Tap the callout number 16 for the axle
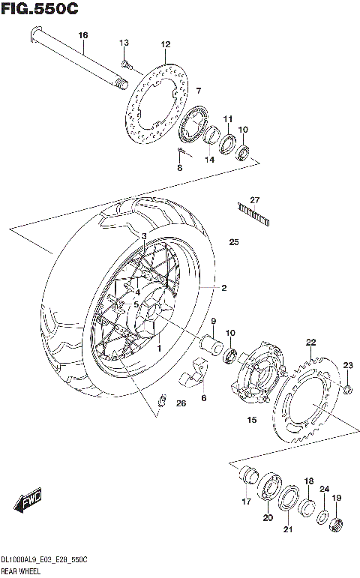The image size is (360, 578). click(82, 35)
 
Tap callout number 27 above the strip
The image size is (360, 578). click(254, 199)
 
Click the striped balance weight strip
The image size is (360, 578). click(253, 213)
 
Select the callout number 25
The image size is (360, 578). click(233, 242)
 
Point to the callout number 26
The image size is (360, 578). click(180, 404)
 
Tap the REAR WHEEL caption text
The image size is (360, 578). click(22, 571)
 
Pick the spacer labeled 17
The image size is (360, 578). click(247, 476)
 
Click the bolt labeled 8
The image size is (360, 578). click(182, 154)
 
